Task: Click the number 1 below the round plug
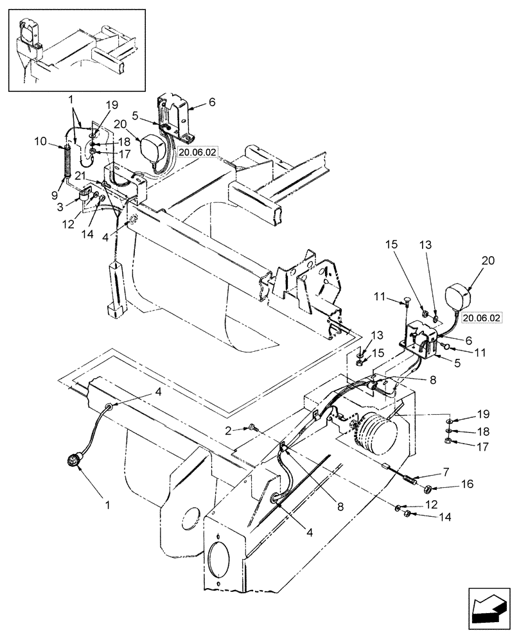coord(107,505)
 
